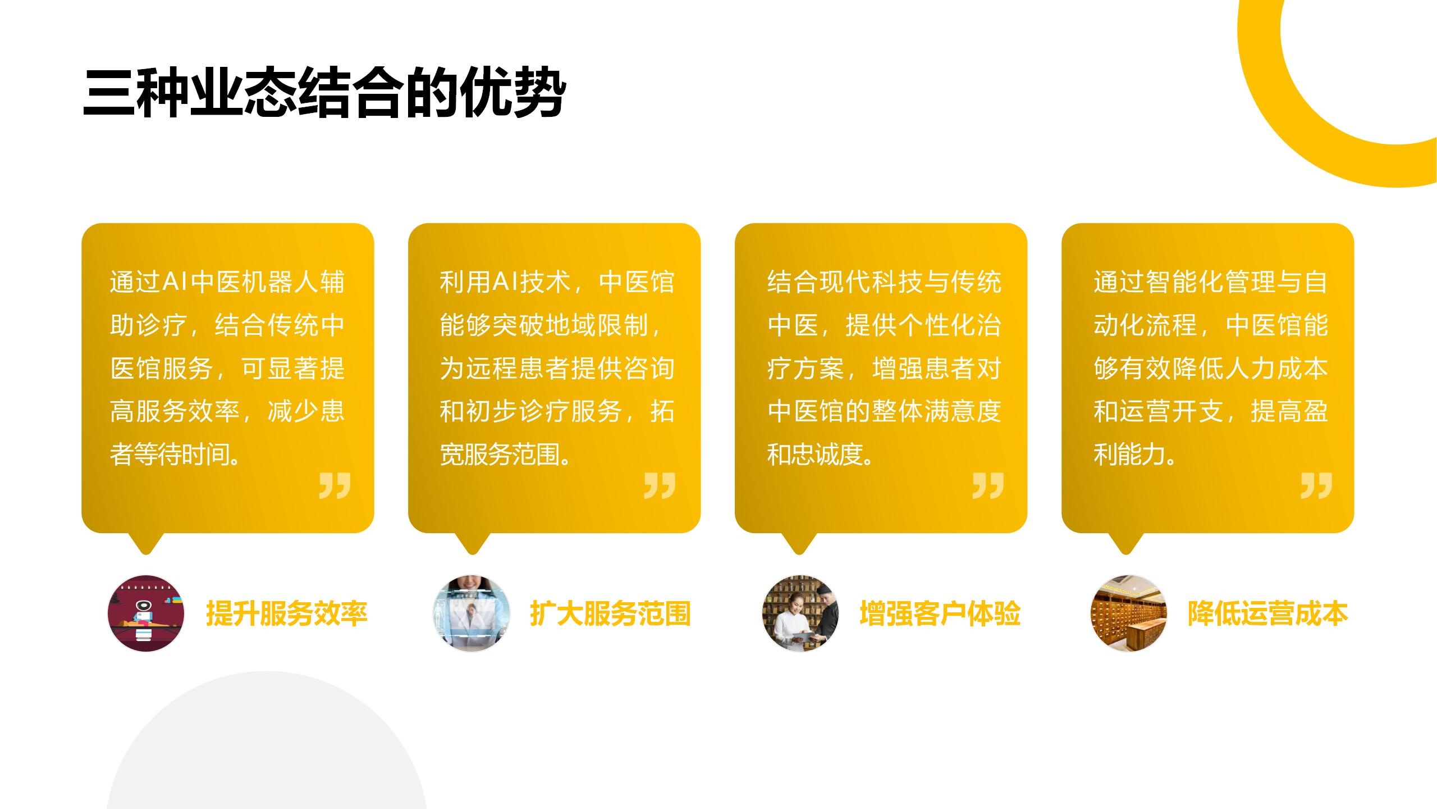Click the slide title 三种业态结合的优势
click(324, 94)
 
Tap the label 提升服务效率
click(287, 613)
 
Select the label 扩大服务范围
click(610, 613)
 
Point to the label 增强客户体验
click(940, 613)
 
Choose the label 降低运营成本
click(1267, 613)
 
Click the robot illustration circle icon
click(146, 613)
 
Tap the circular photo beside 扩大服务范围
click(472, 613)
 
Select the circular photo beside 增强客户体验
click(800, 613)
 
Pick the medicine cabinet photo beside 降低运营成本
click(1128, 613)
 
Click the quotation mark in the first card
click(335, 485)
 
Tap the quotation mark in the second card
click(660, 485)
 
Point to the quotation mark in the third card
click(988, 485)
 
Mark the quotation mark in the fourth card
click(1316, 485)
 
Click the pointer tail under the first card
click(146, 543)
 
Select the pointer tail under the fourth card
click(1125, 543)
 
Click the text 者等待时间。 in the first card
click(176, 455)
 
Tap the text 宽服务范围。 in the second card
click(505, 455)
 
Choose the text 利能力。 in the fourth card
click(1135, 455)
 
